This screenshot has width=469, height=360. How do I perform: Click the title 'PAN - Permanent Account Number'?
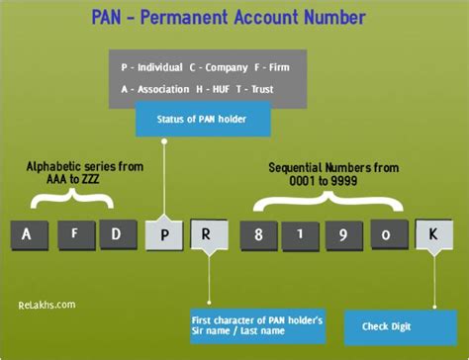coord(234,17)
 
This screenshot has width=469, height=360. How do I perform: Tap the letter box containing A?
coord(28,234)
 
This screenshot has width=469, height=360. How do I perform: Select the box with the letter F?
coord(74,233)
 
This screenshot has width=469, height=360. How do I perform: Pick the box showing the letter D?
coord(117,234)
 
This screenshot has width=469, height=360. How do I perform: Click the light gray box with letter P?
coord(163,235)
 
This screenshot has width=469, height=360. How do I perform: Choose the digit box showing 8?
coord(257,235)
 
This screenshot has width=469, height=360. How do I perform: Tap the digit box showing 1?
coord(301,235)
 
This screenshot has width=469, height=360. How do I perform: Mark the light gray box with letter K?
coord(432,235)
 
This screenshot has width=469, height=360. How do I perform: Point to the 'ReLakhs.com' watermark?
coord(47,305)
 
